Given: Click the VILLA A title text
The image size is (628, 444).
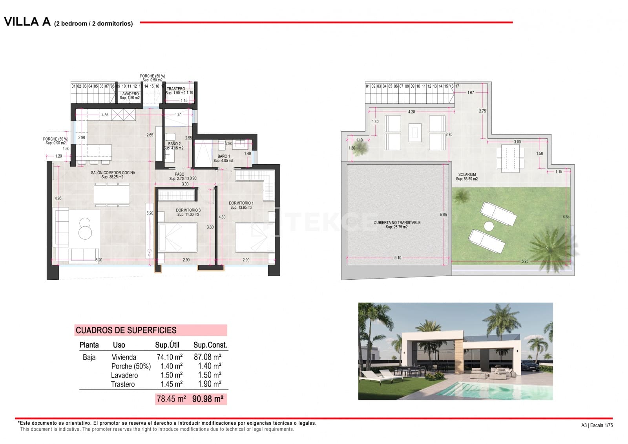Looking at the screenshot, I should click(x=27, y=22).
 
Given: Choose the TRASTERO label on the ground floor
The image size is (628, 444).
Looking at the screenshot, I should click(x=175, y=89).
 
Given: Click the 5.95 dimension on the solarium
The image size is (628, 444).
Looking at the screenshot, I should click(x=525, y=261).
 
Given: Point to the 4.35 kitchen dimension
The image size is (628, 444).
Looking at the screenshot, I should click(x=105, y=115).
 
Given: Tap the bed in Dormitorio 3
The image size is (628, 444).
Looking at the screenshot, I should click(x=177, y=237).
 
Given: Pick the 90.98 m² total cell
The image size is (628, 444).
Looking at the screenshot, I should click(x=208, y=399).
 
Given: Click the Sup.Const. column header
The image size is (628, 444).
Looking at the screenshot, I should click(x=210, y=345).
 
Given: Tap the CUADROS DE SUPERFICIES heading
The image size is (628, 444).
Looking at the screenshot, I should click(x=126, y=330).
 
